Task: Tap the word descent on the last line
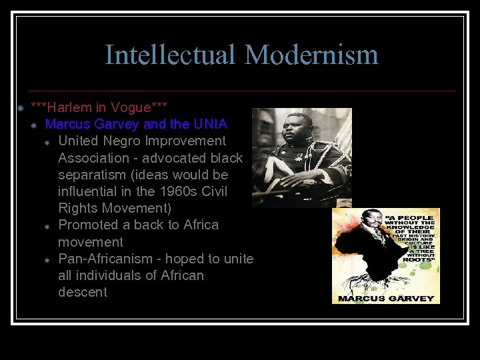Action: (x=83, y=292)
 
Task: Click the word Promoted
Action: (x=89, y=225)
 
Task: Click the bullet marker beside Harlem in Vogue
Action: (x=21, y=108)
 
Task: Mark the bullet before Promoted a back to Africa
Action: (x=48, y=226)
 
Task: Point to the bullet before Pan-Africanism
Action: (x=48, y=259)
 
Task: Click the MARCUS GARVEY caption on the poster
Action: (x=385, y=297)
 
